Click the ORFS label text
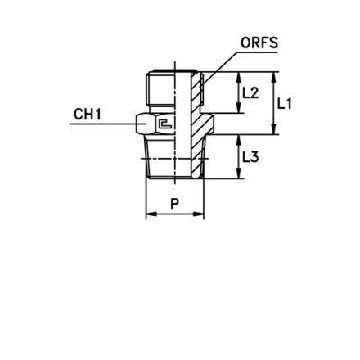point(259,43)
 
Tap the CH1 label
point(88,114)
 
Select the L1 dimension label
point(285,104)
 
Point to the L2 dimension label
point(250,92)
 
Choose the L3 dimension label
point(250,157)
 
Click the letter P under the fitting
point(174,204)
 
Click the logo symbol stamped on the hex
point(165,124)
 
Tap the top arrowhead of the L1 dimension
point(273,78)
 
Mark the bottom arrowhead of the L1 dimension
point(273,129)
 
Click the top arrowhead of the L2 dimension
point(239,78)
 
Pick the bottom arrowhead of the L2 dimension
point(239,107)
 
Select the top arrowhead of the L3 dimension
point(239,140)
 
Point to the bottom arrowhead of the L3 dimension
point(239,173)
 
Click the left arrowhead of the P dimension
point(151,214)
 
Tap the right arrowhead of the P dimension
point(199,214)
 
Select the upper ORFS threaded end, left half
point(160,88)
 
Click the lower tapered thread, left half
point(160,157)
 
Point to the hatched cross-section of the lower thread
point(198,157)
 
